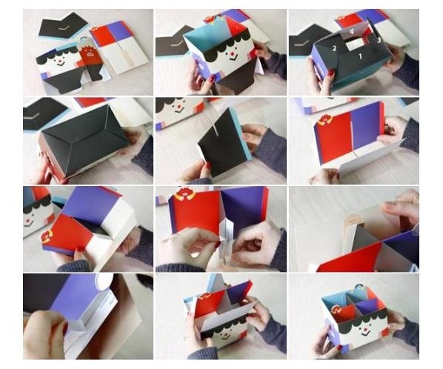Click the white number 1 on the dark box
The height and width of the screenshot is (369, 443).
pyautogui.click(x=360, y=56)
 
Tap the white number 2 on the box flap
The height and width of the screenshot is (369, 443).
pyautogui.click(x=335, y=48)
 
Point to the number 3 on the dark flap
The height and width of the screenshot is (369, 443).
pyautogui.click(x=379, y=41)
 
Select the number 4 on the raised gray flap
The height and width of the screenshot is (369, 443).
pyautogui.click(x=351, y=31)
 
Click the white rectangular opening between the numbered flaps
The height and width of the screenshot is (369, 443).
pyautogui.click(x=356, y=44)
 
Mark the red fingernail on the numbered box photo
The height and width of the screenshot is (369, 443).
pyautogui.click(x=331, y=73)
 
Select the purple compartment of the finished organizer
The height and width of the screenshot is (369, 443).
pyautogui.click(x=368, y=307)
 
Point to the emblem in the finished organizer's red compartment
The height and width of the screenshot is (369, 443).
pyautogui.click(x=337, y=309)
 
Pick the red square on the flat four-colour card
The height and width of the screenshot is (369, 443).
pyautogui.click(x=101, y=36)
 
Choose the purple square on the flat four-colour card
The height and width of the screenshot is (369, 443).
pyautogui.click(x=119, y=31)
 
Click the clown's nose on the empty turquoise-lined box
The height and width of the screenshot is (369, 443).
pyautogui.click(x=230, y=53)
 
